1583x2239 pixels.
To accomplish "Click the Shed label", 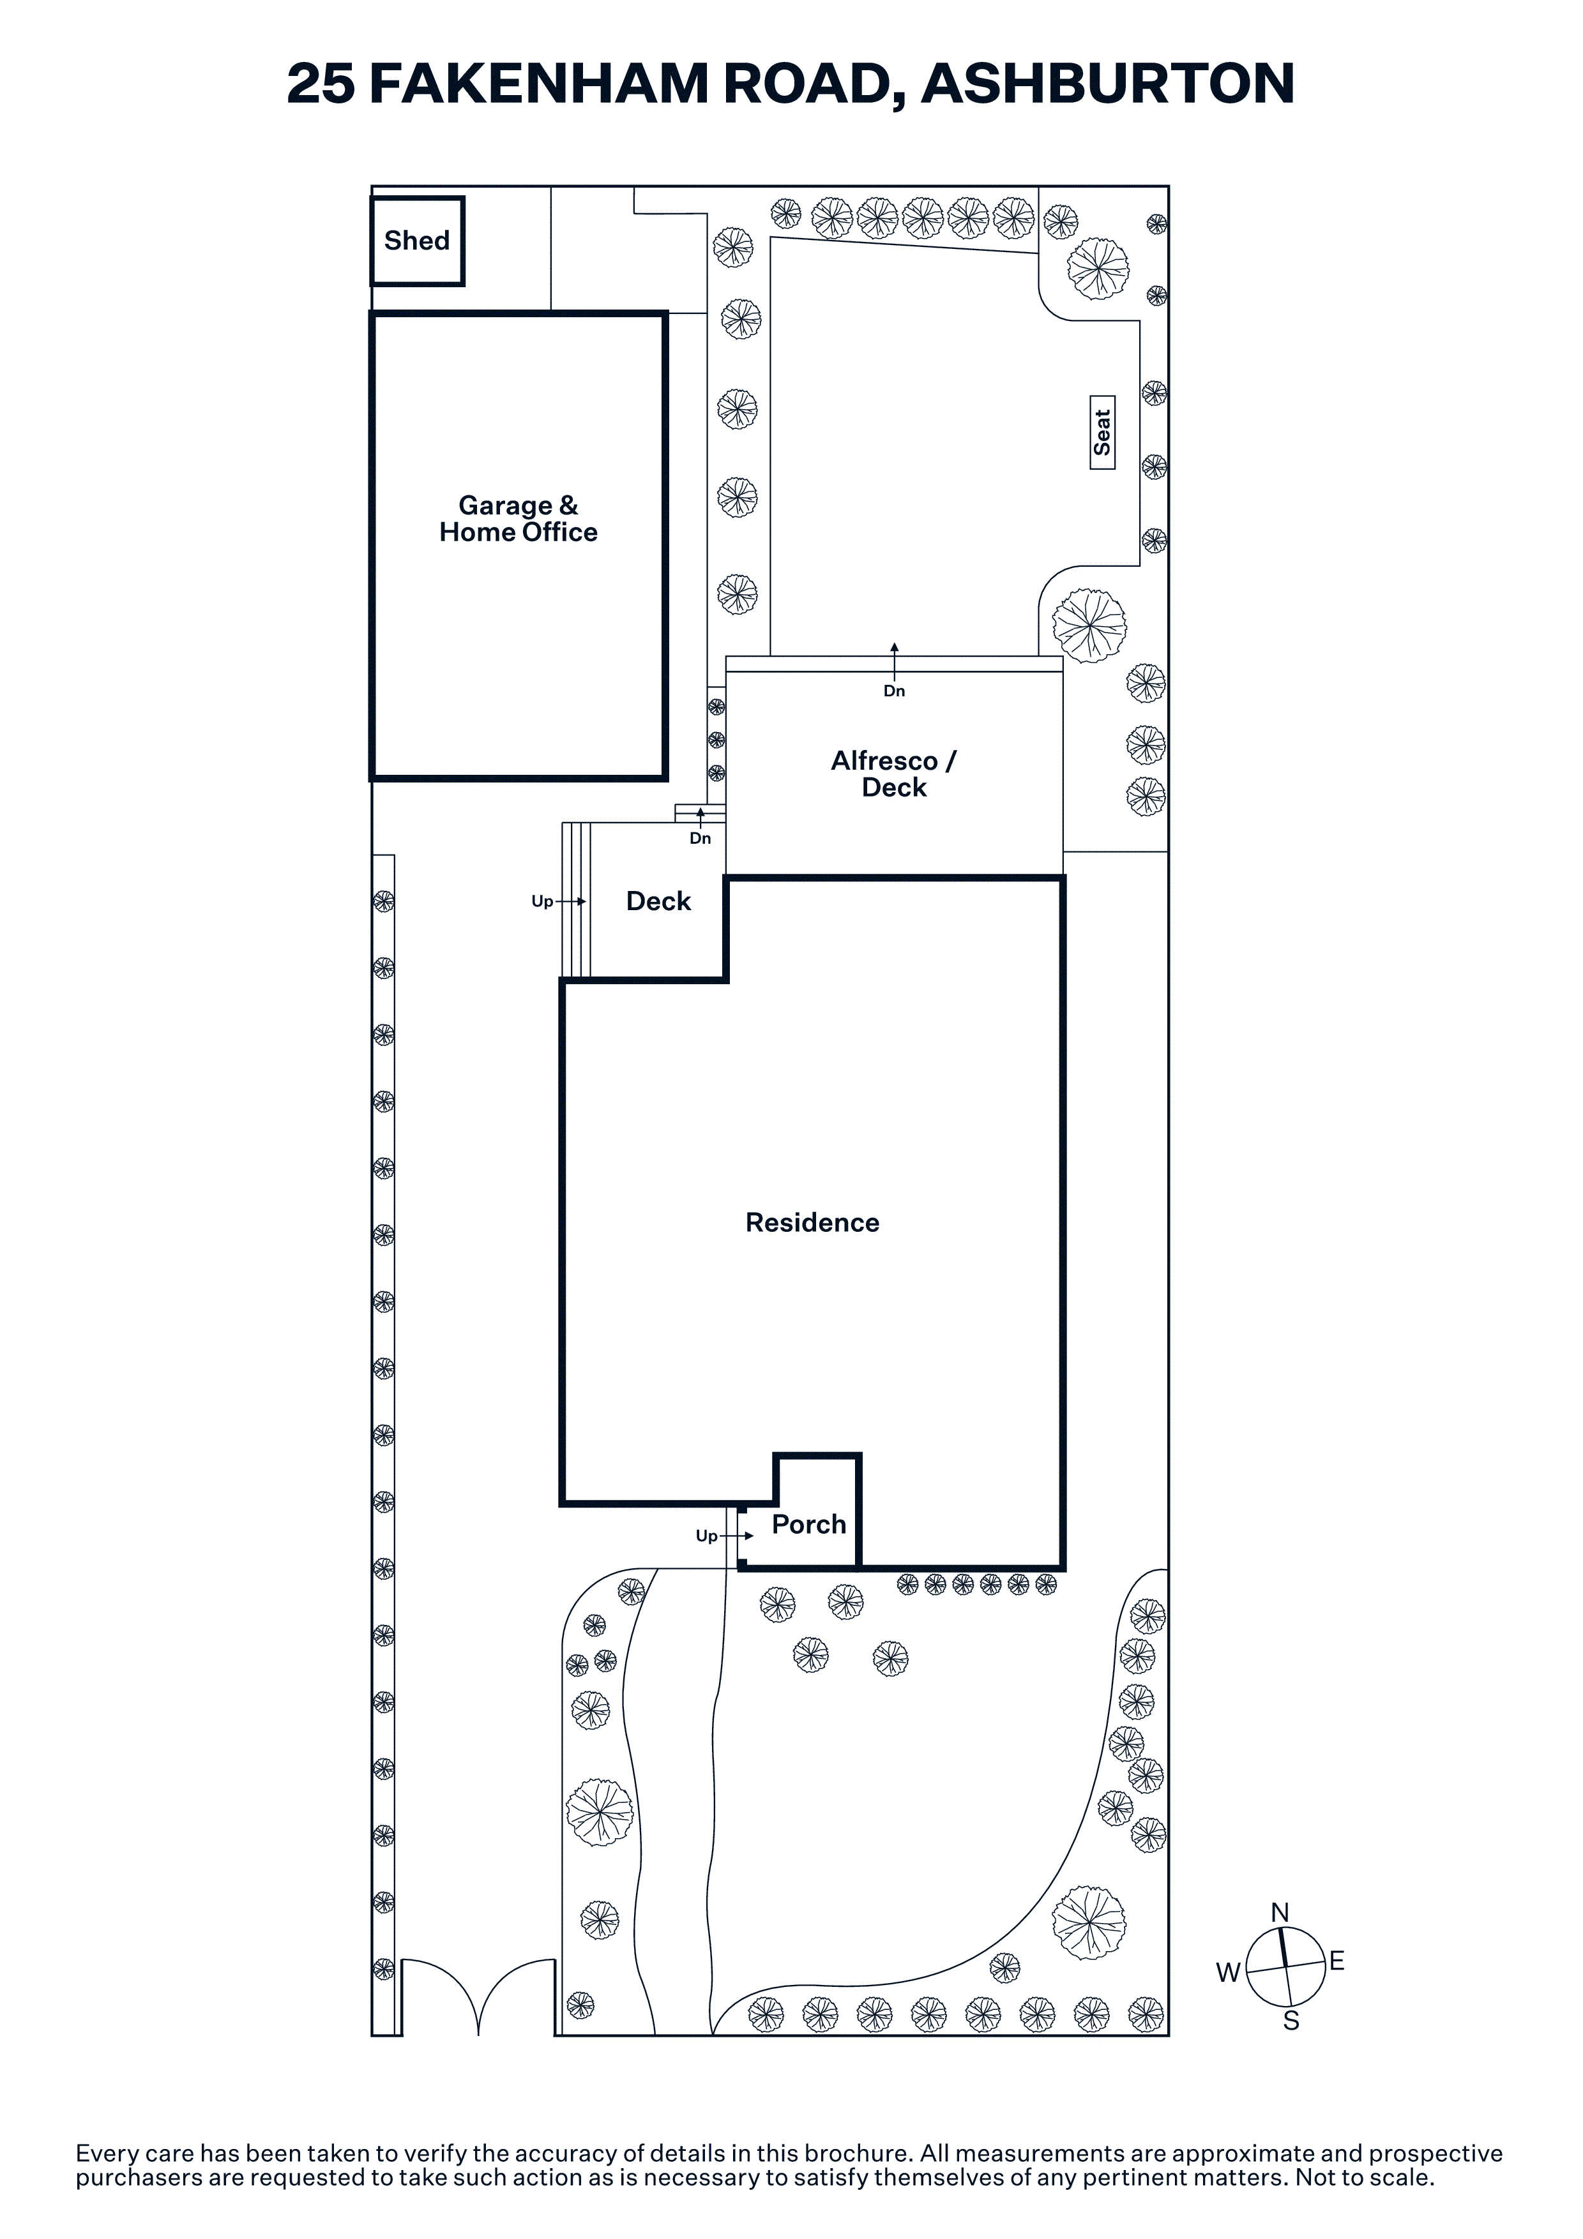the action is [x=416, y=240].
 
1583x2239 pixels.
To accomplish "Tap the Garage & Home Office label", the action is [x=518, y=519].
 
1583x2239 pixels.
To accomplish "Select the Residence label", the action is [x=812, y=1223].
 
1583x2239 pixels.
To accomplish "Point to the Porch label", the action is [x=808, y=1524].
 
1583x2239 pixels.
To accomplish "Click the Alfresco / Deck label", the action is [x=895, y=774].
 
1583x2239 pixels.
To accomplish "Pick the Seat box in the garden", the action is [x=1102, y=433].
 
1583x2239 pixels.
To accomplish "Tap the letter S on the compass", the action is [x=1291, y=2021].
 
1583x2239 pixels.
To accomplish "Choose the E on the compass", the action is [x=1337, y=1961].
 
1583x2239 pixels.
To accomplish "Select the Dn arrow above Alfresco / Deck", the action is [x=895, y=660].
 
